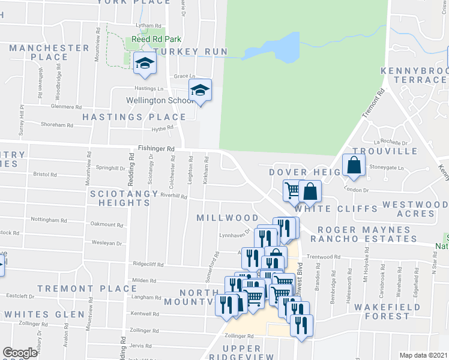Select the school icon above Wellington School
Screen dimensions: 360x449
pyautogui.click(x=200, y=91)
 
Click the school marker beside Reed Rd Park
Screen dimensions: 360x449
pyautogui.click(x=145, y=64)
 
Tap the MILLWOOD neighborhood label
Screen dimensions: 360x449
pyautogui.click(x=228, y=218)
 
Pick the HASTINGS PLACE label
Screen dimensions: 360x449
pyautogui.click(x=134, y=117)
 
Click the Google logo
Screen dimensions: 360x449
pyautogui.click(x=20, y=353)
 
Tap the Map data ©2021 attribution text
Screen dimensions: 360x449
pyautogui.click(x=423, y=355)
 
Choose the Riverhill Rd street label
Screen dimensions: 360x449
pyautogui.click(x=174, y=196)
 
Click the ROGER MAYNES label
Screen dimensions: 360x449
pyautogui.click(x=355, y=229)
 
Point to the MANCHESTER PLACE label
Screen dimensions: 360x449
pyautogui.click(x=49, y=52)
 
